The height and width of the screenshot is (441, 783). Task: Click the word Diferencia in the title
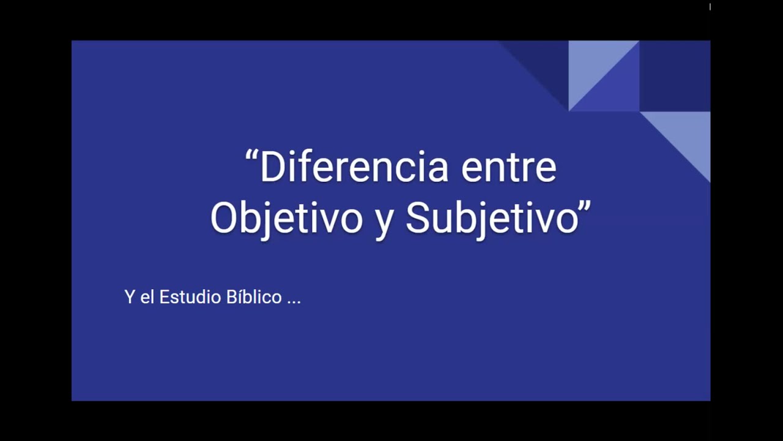355,168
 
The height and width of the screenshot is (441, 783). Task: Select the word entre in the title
508,168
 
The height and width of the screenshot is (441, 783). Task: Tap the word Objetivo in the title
286,218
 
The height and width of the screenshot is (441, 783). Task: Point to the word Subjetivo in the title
492,218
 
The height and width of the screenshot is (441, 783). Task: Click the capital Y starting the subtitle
129,297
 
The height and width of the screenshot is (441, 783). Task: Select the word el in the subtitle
147,297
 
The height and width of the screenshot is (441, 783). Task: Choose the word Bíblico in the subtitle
254,297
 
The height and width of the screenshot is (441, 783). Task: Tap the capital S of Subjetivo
418,218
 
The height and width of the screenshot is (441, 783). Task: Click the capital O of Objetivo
224,218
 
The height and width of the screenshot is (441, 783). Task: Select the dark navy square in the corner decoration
675,76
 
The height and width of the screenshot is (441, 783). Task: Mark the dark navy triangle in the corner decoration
544,61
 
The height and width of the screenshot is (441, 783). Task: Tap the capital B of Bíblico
231,297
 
